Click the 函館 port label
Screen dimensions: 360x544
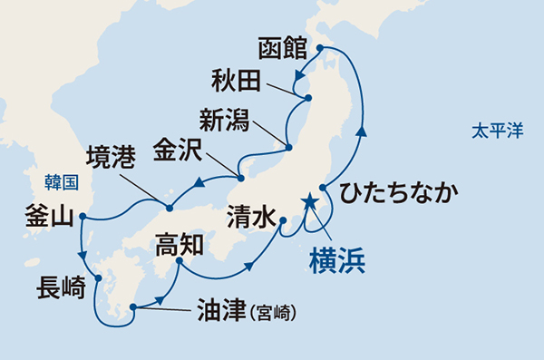284,46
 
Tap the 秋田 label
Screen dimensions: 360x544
238,81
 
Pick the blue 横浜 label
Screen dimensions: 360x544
335,259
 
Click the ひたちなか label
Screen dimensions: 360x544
398,192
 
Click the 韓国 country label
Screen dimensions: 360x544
63,181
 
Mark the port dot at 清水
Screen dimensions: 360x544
283,220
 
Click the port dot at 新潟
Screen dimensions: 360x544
288,147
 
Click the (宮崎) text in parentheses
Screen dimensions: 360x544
274,314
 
